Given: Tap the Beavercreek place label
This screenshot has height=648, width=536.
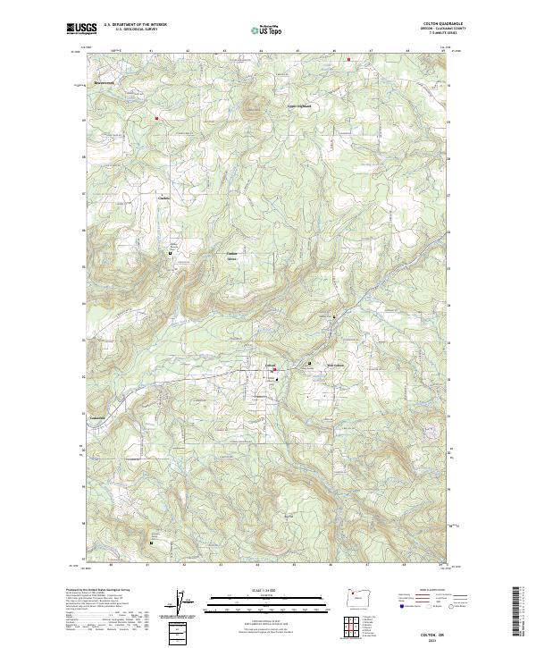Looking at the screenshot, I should point(107,82).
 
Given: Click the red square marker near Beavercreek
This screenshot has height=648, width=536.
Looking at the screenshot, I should point(155,117).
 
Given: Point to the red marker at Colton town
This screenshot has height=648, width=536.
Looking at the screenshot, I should point(275,370).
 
